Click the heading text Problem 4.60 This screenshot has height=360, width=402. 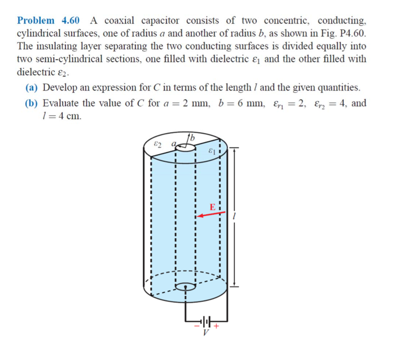48,20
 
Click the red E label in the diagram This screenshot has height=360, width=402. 212,207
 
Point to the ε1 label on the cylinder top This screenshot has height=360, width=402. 212,150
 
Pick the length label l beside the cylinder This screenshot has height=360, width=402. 234,217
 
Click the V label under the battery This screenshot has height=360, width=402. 206,333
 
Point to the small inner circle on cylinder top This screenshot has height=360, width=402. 185,148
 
